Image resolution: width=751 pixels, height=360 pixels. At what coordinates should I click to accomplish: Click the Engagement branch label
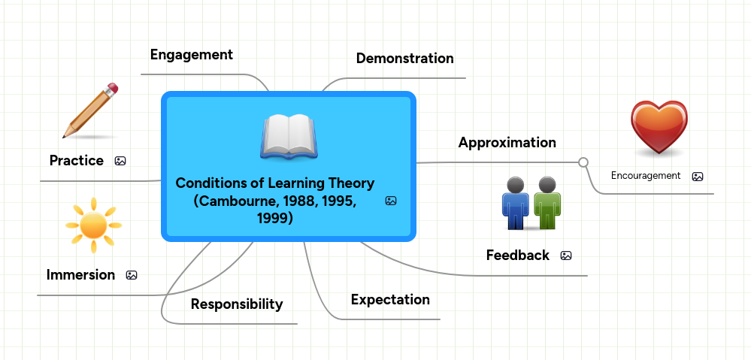click(191, 55)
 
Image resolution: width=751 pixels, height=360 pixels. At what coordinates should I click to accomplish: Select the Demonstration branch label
click(404, 59)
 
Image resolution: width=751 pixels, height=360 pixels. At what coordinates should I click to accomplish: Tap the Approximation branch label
click(507, 143)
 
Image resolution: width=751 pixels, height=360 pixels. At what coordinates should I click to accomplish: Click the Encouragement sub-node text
click(645, 176)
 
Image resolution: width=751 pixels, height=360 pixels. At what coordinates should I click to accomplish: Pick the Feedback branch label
click(517, 256)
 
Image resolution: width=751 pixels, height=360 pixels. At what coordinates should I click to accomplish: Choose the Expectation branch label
click(390, 300)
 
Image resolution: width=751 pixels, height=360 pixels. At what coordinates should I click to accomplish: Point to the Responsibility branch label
click(236, 304)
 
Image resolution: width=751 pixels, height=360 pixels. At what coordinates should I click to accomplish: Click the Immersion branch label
click(80, 275)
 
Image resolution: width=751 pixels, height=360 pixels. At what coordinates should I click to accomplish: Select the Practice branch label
click(76, 161)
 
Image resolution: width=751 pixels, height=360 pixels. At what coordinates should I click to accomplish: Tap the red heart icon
click(659, 127)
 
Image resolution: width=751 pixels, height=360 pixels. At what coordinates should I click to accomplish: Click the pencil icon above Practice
click(90, 111)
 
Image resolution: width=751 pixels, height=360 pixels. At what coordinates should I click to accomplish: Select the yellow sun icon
click(93, 225)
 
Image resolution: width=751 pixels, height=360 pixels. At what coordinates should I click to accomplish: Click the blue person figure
click(515, 203)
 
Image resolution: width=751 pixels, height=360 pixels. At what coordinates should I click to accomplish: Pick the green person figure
click(547, 203)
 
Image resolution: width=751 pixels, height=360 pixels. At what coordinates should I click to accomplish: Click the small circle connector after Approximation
click(583, 162)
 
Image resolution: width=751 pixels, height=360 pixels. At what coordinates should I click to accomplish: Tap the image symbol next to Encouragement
click(697, 177)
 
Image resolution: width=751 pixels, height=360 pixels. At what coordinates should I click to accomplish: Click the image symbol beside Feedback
click(566, 256)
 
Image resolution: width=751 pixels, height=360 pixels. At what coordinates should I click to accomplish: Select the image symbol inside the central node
click(390, 201)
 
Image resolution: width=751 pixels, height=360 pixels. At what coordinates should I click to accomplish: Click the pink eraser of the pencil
click(112, 89)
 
